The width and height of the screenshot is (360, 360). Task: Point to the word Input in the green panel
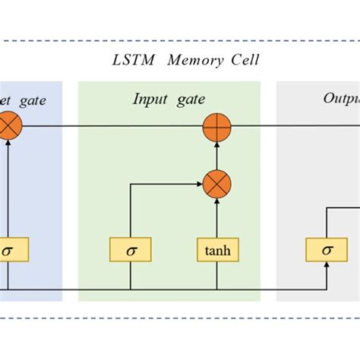pos(150,99)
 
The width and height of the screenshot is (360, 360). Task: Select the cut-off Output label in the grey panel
pos(341,99)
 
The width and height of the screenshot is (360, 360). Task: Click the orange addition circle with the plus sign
pos(216,125)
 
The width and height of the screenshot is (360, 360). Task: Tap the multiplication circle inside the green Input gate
pos(216,183)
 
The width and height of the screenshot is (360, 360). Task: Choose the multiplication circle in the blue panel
pos(8,125)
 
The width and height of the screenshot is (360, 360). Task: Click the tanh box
pos(216,249)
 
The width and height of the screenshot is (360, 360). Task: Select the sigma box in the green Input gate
pos(131,249)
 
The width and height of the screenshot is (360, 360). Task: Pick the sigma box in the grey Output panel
pos(327,249)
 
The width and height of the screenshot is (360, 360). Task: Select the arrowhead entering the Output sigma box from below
pos(327,265)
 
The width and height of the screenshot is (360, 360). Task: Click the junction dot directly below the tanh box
pos(216,289)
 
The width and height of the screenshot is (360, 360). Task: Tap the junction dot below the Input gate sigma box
pos(131,289)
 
